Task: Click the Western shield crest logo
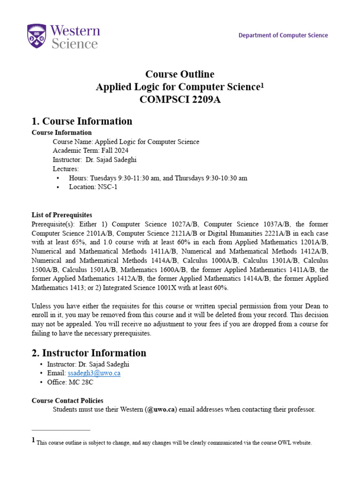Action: [37, 37]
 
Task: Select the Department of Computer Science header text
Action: [283, 35]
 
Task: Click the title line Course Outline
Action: [180, 74]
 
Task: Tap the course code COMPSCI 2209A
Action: [180, 99]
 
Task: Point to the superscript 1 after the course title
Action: [262, 85]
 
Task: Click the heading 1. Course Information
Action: [82, 121]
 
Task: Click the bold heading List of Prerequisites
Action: [62, 215]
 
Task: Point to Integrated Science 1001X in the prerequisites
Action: [168, 287]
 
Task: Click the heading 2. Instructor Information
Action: [89, 352]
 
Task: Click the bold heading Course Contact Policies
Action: [67, 400]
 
